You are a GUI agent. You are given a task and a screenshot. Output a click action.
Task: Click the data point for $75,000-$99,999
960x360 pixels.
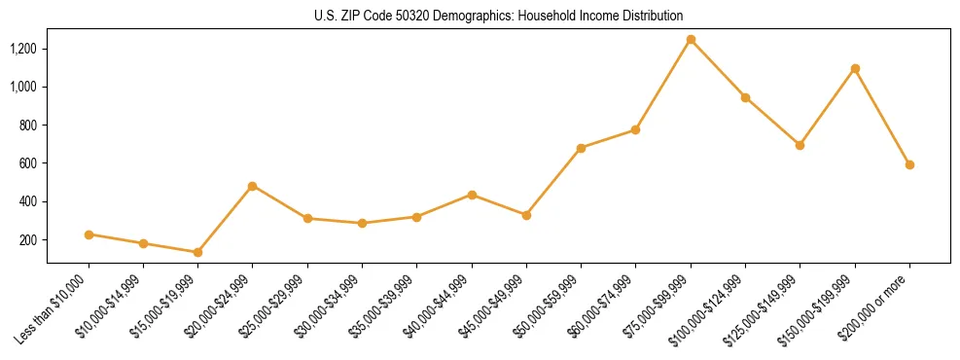tap(691, 40)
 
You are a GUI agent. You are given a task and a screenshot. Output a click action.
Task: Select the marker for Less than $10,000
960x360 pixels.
tap(89, 234)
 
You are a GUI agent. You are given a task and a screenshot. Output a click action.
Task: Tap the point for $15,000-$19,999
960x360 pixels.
tap(197, 252)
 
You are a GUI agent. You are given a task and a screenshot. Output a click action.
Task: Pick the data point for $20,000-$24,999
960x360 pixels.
tap(253, 186)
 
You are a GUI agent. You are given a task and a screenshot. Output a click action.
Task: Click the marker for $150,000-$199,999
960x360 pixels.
tap(855, 68)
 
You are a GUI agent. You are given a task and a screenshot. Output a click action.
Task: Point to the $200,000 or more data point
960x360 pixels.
tap(909, 164)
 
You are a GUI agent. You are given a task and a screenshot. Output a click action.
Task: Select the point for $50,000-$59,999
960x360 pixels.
tap(581, 148)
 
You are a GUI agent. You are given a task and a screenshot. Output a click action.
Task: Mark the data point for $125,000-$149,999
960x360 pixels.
tap(800, 145)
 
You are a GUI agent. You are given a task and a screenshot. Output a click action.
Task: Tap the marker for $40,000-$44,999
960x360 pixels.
tap(472, 195)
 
